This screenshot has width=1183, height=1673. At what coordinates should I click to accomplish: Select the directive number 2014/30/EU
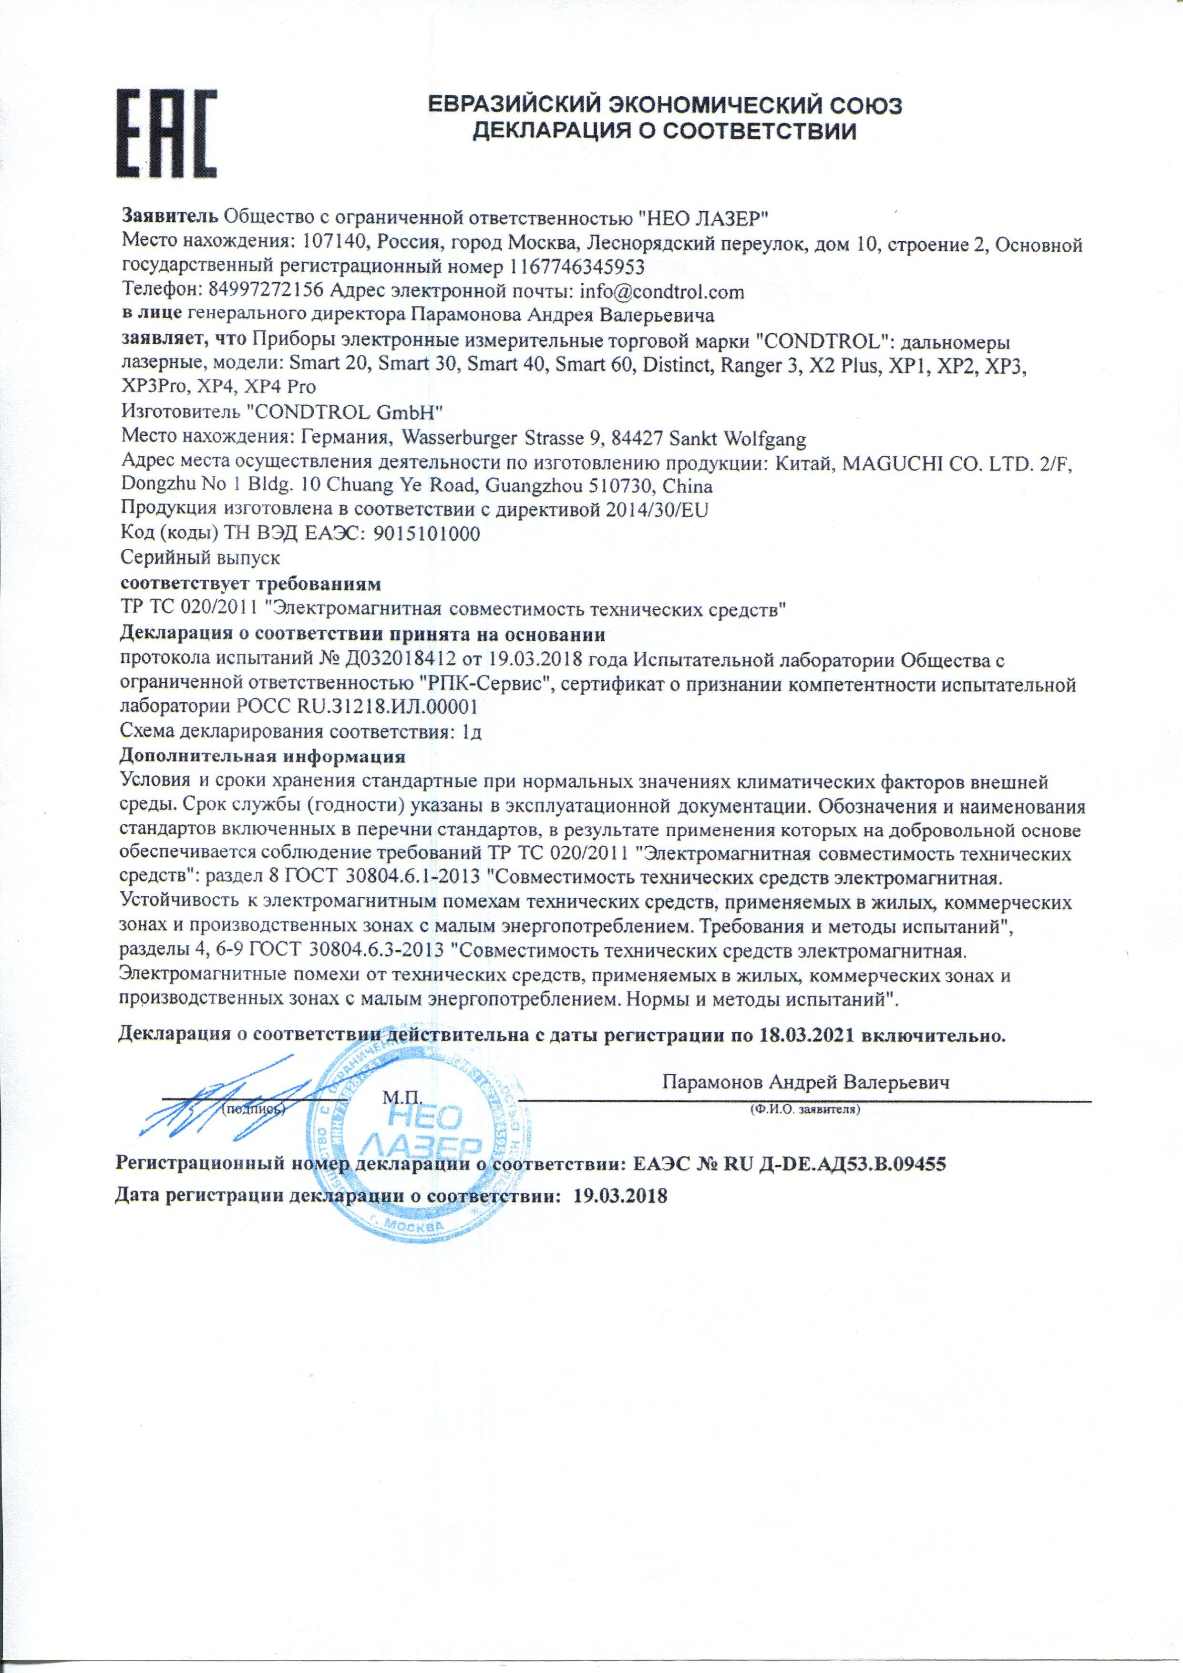pyautogui.click(x=657, y=510)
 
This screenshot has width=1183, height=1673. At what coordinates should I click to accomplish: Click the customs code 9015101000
pyautogui.click(x=426, y=534)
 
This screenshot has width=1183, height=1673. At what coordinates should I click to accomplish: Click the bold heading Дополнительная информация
pyautogui.click(x=262, y=757)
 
